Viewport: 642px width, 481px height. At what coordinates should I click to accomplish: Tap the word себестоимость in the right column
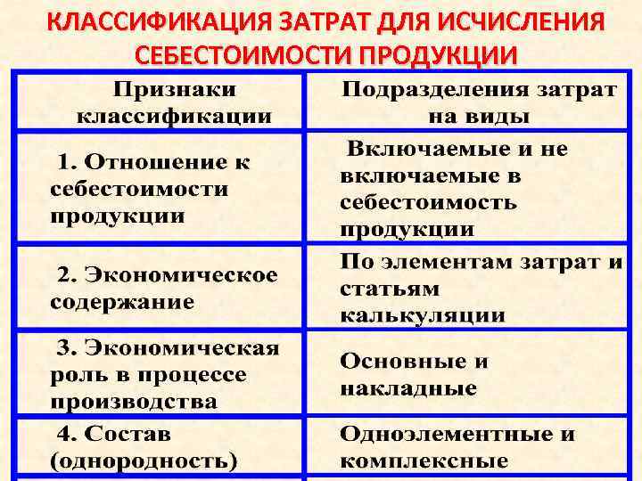click(428, 201)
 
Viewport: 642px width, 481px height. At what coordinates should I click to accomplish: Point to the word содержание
click(122, 301)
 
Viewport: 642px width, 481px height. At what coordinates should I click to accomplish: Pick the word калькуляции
click(422, 315)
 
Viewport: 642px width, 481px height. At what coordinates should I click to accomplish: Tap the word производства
click(133, 401)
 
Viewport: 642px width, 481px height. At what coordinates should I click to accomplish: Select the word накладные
click(407, 389)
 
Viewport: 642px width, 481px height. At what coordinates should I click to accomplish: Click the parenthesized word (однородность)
click(144, 461)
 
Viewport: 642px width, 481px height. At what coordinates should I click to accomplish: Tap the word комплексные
click(424, 461)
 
